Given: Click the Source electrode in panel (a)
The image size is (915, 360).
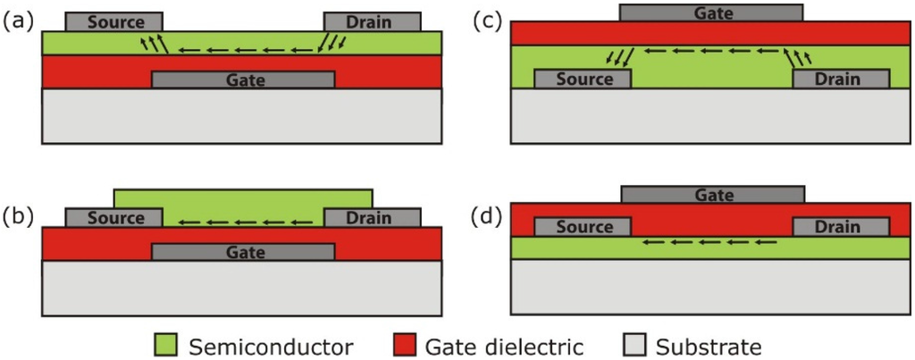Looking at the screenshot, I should (x=114, y=21).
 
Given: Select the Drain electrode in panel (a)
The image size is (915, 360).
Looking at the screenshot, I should (x=372, y=21).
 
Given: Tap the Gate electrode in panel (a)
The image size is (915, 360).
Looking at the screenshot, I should (x=243, y=80).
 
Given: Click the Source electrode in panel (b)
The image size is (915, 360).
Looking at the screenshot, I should (x=114, y=218).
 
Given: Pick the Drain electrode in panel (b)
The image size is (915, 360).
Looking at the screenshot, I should (x=372, y=218).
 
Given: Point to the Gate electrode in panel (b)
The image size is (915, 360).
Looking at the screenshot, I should (x=243, y=252).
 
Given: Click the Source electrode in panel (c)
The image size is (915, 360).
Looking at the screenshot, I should (x=583, y=80).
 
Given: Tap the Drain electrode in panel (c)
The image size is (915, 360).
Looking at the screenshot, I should (x=840, y=80).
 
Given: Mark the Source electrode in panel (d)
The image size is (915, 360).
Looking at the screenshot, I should (x=583, y=227).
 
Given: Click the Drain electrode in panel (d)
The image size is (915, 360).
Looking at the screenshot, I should (x=840, y=227).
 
